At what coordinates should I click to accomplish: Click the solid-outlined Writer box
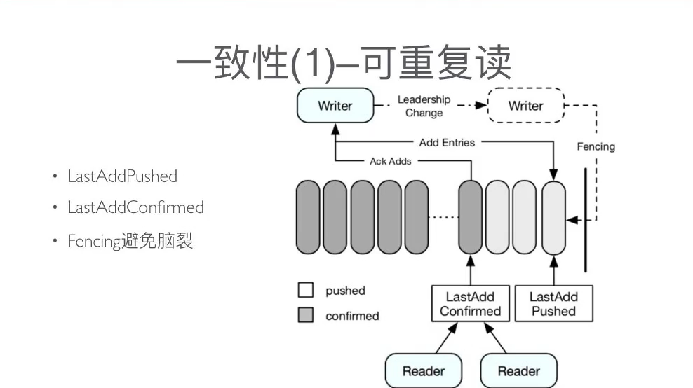click(335, 106)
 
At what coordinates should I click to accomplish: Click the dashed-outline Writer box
click(525, 106)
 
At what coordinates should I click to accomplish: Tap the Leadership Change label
click(424, 106)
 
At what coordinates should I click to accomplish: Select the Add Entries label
click(447, 143)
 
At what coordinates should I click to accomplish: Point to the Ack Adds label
click(391, 161)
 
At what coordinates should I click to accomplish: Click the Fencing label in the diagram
click(596, 146)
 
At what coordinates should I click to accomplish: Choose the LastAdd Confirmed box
click(470, 304)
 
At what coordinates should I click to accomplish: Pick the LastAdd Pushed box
click(553, 304)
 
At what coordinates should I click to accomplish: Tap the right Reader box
click(518, 370)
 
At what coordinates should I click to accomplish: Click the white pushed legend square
click(305, 291)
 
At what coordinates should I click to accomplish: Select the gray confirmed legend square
click(305, 316)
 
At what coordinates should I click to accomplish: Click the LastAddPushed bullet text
click(122, 176)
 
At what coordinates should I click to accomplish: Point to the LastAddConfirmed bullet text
click(135, 208)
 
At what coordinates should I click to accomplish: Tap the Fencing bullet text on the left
click(130, 242)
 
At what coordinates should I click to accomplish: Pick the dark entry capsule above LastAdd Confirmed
click(471, 217)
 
